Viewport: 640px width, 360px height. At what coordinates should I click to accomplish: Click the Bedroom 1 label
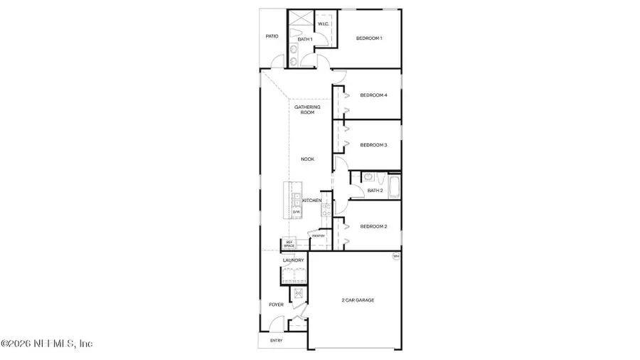[x=369, y=38]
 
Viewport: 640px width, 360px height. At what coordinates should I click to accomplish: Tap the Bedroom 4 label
[x=373, y=95]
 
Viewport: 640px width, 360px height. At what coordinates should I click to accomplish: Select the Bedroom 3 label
[x=373, y=145]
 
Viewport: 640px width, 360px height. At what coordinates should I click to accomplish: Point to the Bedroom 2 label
[x=373, y=226]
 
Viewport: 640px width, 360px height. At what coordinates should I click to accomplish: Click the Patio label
[x=272, y=36]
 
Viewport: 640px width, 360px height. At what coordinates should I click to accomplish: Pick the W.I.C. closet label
[x=323, y=24]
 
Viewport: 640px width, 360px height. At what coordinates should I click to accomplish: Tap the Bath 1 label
[x=305, y=39]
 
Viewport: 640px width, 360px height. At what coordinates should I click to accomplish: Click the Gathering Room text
[x=307, y=110]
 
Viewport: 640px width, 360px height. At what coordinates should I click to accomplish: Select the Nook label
[x=307, y=159]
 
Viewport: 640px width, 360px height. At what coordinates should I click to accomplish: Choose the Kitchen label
[x=311, y=201]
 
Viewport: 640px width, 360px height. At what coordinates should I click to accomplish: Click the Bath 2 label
[x=375, y=191]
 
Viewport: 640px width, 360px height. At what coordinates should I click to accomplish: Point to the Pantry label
[x=317, y=235]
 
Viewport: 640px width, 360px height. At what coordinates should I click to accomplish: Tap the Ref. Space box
[x=289, y=243]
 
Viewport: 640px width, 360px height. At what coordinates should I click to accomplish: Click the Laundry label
[x=293, y=260]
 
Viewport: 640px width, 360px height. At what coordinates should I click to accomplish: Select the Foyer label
[x=276, y=305]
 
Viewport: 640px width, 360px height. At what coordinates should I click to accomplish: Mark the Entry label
[x=276, y=341]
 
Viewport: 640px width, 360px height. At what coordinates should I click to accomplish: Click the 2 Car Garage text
[x=358, y=300]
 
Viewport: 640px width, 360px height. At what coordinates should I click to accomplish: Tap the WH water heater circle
[x=396, y=256]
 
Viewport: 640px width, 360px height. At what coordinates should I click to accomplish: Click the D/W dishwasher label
[x=297, y=212]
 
